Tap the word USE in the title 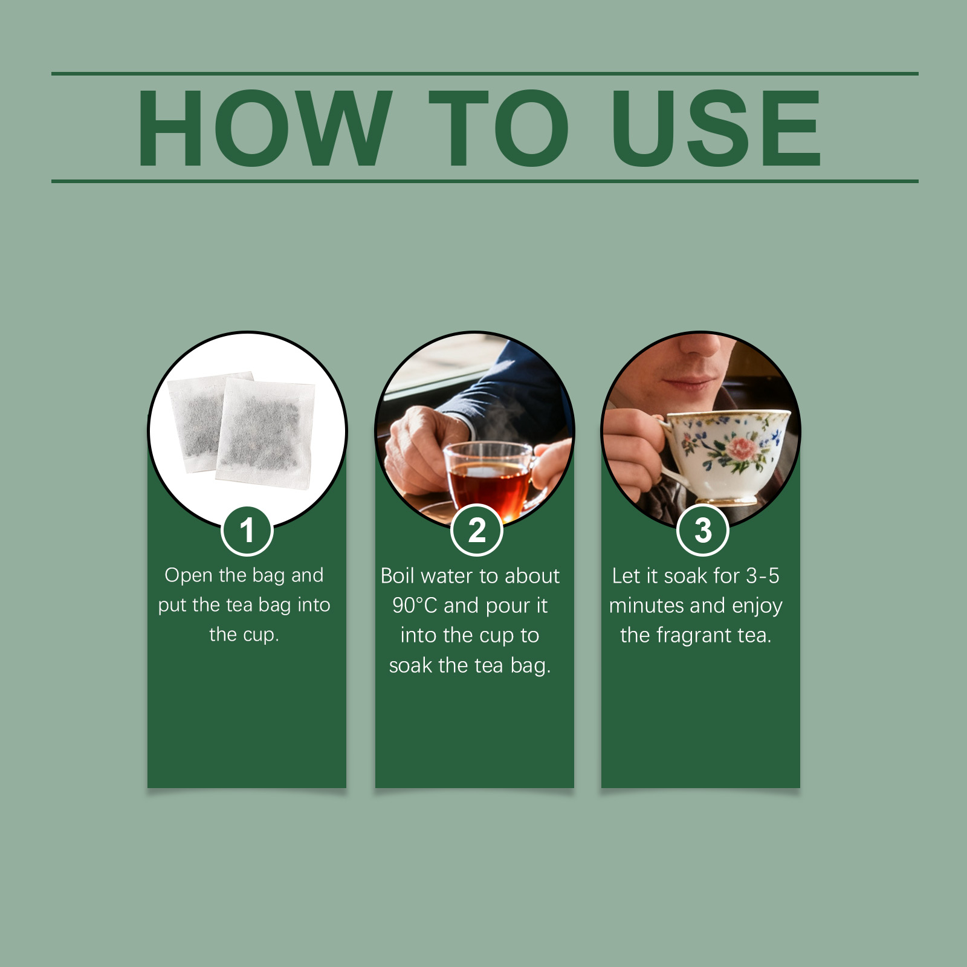pyautogui.click(x=717, y=128)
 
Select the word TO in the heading pyautogui.click(x=499, y=128)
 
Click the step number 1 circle pyautogui.click(x=247, y=531)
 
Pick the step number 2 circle pyautogui.click(x=477, y=531)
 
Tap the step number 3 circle pyautogui.click(x=703, y=531)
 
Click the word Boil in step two pyautogui.click(x=397, y=576)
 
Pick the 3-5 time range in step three pyautogui.click(x=763, y=576)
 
